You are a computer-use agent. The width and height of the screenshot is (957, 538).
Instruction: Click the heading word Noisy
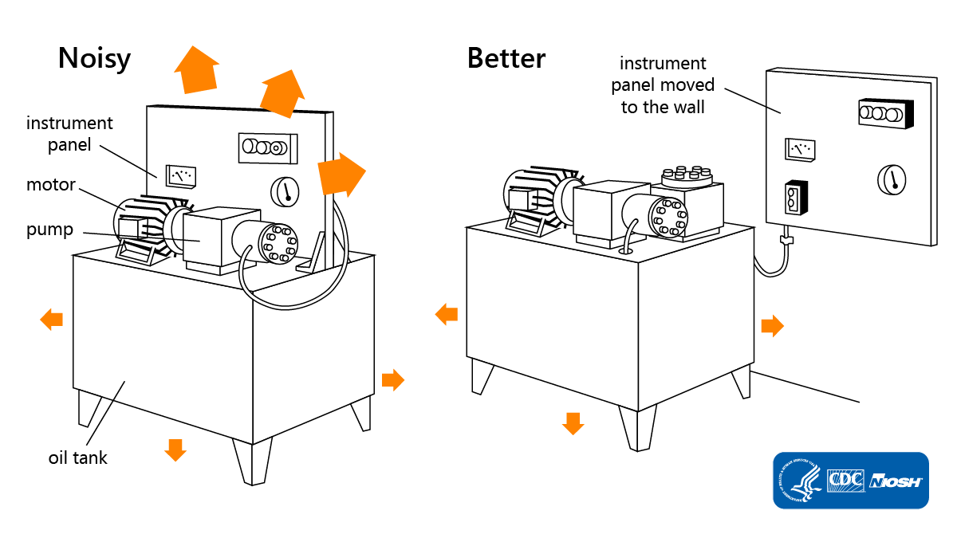[x=94, y=59]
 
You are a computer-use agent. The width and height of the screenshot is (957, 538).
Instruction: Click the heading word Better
[x=506, y=58]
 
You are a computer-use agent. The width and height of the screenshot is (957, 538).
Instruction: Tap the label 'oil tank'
[x=77, y=457]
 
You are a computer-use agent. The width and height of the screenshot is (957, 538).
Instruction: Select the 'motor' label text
[x=50, y=185]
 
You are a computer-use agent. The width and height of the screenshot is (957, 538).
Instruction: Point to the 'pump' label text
[x=49, y=230]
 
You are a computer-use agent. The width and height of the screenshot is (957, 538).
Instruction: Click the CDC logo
[x=846, y=481]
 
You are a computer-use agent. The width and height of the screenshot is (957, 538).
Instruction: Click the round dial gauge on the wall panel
[x=892, y=179]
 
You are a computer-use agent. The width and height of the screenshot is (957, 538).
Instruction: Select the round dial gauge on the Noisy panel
[x=284, y=191]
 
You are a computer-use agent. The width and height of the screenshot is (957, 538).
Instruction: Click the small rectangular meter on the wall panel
[x=800, y=148]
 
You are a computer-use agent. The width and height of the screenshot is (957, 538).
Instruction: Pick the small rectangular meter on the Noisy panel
[x=181, y=175]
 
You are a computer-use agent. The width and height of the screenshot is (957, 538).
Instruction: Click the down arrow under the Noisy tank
[x=175, y=450]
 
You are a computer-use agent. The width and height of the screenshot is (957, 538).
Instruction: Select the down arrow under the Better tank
[x=573, y=423]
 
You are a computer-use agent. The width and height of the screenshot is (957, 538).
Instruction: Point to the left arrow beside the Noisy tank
[x=52, y=320]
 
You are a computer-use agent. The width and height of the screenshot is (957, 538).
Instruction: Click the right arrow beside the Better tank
[x=772, y=325]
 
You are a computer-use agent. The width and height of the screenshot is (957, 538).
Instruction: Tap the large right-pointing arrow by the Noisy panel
[x=341, y=175]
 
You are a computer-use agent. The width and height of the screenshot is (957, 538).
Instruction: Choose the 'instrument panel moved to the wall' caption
[x=663, y=84]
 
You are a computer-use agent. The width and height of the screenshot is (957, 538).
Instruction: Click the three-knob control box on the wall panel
[x=884, y=113]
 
